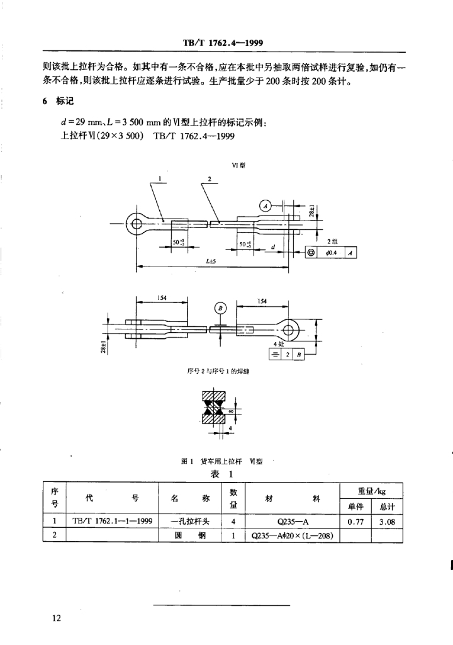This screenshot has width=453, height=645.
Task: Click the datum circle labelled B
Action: click(x=221, y=307)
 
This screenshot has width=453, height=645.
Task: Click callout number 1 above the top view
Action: click(x=162, y=179)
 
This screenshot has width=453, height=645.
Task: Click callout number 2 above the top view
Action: click(x=210, y=179)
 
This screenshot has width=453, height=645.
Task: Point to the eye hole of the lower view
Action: click(x=290, y=328)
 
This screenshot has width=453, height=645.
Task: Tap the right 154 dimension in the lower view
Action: click(x=262, y=302)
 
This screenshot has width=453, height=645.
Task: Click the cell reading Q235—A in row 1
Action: click(x=290, y=521)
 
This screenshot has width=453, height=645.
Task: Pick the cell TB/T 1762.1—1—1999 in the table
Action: click(x=113, y=521)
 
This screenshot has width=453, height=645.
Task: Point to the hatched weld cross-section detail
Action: click(x=215, y=409)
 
